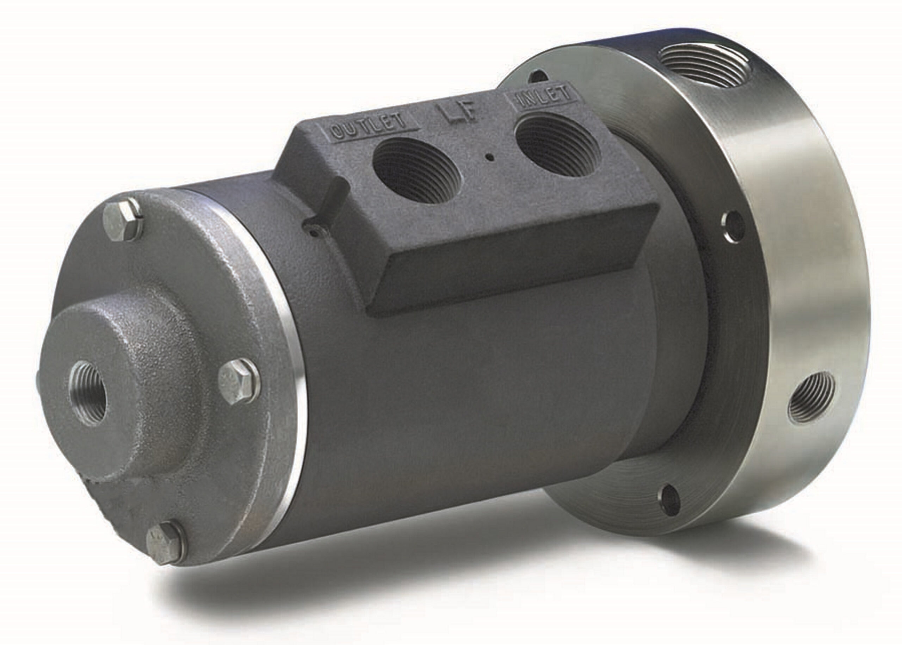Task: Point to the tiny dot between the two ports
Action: (492, 158)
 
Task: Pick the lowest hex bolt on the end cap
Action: (165, 542)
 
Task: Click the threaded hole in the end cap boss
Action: (88, 393)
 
